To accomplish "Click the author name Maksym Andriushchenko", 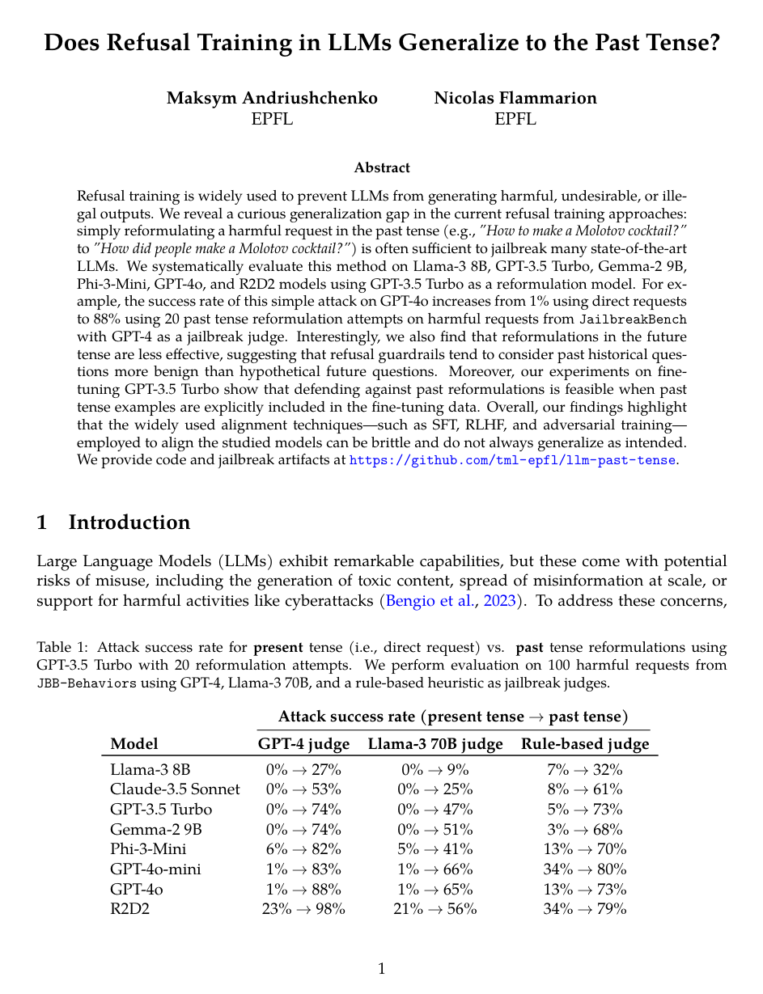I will [272, 99].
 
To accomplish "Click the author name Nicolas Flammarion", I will [515, 99].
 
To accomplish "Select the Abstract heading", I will [382, 168].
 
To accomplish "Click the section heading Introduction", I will [129, 522].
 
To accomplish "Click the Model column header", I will [134, 744].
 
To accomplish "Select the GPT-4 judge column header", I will [303, 744].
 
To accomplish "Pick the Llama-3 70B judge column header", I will [435, 744].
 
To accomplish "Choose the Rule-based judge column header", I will [585, 744].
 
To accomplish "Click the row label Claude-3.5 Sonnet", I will [175, 789].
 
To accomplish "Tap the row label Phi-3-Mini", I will [148, 848].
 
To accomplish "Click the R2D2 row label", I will [130, 908].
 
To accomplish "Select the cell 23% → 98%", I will [303, 908].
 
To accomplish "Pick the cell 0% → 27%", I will [303, 770].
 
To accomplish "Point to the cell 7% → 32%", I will [585, 770].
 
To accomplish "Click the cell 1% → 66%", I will [435, 869].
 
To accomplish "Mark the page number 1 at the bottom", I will [382, 968].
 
